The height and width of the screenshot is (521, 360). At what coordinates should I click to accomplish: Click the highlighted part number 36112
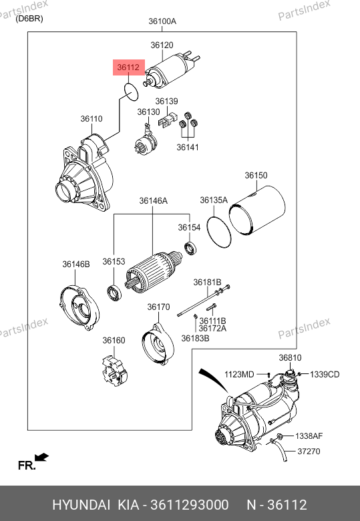128,67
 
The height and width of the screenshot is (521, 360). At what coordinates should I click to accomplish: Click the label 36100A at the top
162,21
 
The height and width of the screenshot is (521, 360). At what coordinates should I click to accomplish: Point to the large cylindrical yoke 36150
257,210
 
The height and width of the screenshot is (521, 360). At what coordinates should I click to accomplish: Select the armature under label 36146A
154,272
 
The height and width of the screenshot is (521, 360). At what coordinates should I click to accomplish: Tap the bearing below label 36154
190,249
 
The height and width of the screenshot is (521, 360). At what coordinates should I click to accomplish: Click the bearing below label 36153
114,293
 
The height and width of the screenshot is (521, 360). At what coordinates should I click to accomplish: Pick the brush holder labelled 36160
114,371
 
